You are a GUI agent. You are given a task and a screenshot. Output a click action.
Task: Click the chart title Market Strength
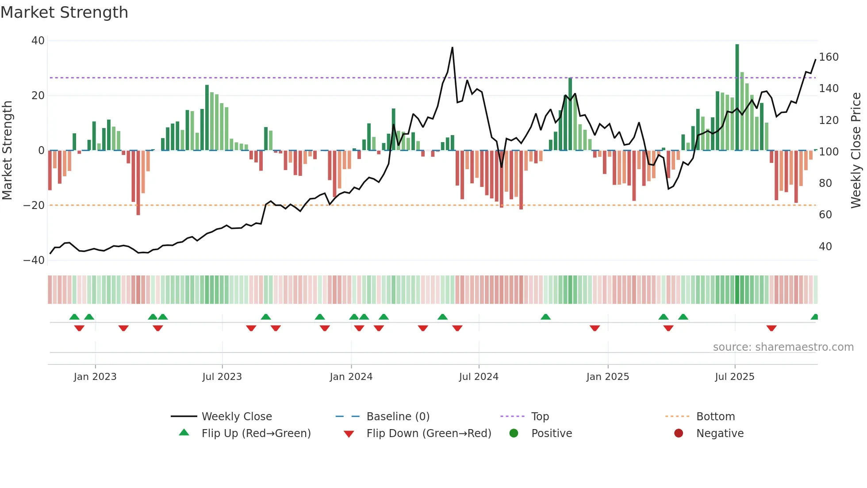(64, 12)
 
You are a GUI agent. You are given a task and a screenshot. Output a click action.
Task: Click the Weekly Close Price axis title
(856, 150)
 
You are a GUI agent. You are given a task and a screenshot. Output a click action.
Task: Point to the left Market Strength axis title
(7, 150)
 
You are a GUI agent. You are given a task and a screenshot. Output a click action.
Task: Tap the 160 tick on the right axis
(829, 57)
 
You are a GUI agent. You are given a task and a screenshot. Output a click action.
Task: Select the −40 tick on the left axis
(34, 260)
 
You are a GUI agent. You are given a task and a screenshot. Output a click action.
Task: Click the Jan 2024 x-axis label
(351, 377)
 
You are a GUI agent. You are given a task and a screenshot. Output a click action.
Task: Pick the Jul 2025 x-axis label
(734, 377)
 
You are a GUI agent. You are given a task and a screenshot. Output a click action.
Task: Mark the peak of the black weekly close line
(452, 48)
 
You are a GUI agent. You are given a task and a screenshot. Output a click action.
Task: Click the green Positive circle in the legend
(514, 434)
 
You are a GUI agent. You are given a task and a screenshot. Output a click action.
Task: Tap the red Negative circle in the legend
(679, 434)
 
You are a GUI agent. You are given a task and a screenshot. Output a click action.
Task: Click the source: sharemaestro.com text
(783, 347)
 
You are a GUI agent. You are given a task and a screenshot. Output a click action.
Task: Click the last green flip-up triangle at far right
(814, 317)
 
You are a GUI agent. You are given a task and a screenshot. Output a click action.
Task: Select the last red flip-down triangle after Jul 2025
(771, 328)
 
